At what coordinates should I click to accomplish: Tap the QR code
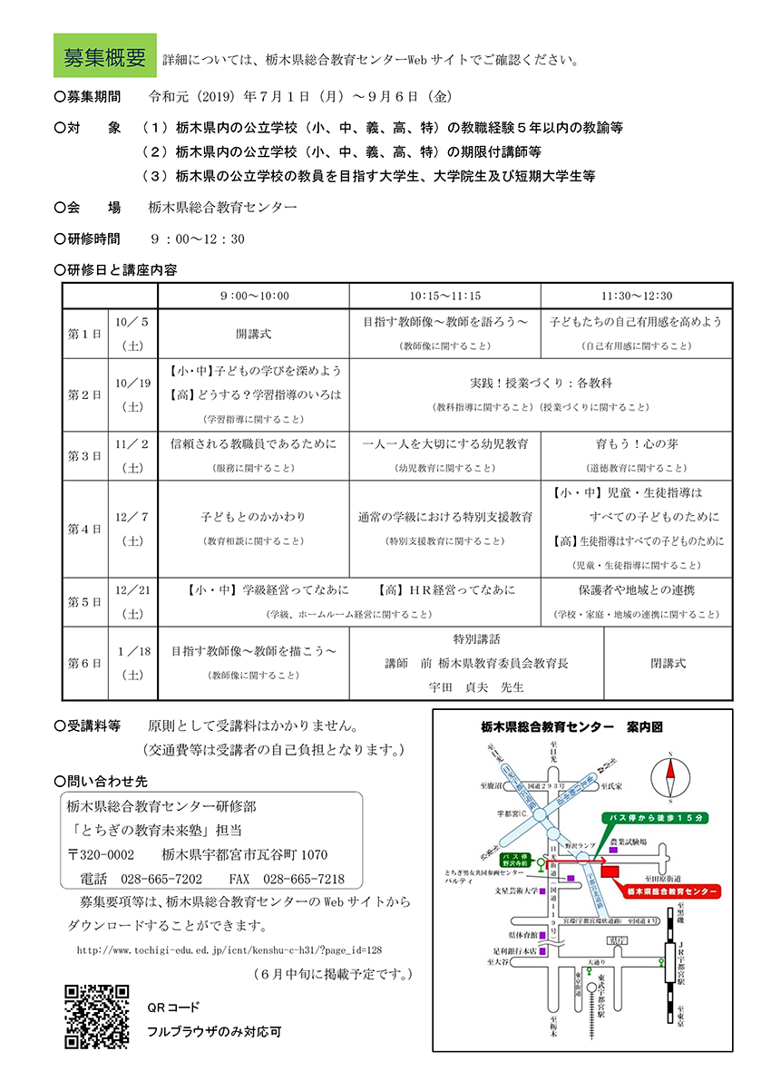[96, 1017]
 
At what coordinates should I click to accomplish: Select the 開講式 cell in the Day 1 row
[253, 334]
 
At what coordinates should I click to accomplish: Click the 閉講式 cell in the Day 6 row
[668, 663]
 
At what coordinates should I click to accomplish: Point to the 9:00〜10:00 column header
[253, 296]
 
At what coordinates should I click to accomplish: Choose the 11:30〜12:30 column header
[636, 296]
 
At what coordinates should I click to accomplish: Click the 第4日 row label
[85, 529]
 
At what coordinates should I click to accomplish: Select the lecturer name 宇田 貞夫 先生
[476, 686]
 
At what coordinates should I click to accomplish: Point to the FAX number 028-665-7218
[303, 880]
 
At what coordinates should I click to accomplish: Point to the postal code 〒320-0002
[102, 855]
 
